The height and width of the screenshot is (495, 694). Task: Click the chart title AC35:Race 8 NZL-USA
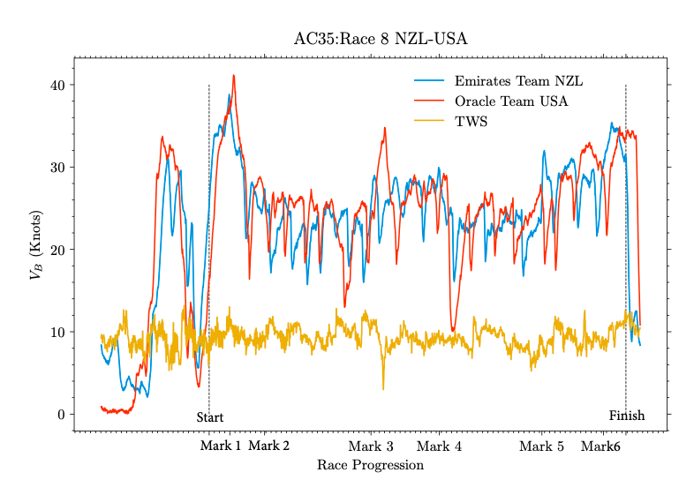pos(380,39)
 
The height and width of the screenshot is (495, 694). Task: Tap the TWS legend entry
pos(471,121)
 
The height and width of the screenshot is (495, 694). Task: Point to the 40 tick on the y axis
pos(57,86)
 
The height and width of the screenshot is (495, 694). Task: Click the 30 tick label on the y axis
pos(57,168)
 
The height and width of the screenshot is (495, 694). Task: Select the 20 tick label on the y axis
pos(57,250)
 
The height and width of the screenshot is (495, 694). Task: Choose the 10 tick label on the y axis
pos(57,332)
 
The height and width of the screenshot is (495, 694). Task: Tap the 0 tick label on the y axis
pos(61,415)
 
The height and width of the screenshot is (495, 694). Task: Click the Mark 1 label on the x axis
pos(221,446)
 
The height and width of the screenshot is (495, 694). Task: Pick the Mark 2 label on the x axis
pos(268,446)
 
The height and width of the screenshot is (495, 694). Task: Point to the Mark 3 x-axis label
pos(371,446)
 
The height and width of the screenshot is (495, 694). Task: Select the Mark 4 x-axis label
pos(439,446)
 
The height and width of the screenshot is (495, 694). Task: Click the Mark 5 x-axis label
pos(541,446)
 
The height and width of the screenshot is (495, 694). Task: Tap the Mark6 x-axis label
pos(600,446)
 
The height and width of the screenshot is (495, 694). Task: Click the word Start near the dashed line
pos(210,417)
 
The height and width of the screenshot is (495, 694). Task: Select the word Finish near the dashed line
pos(627,416)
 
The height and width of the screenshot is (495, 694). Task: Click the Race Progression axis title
pos(370,465)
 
